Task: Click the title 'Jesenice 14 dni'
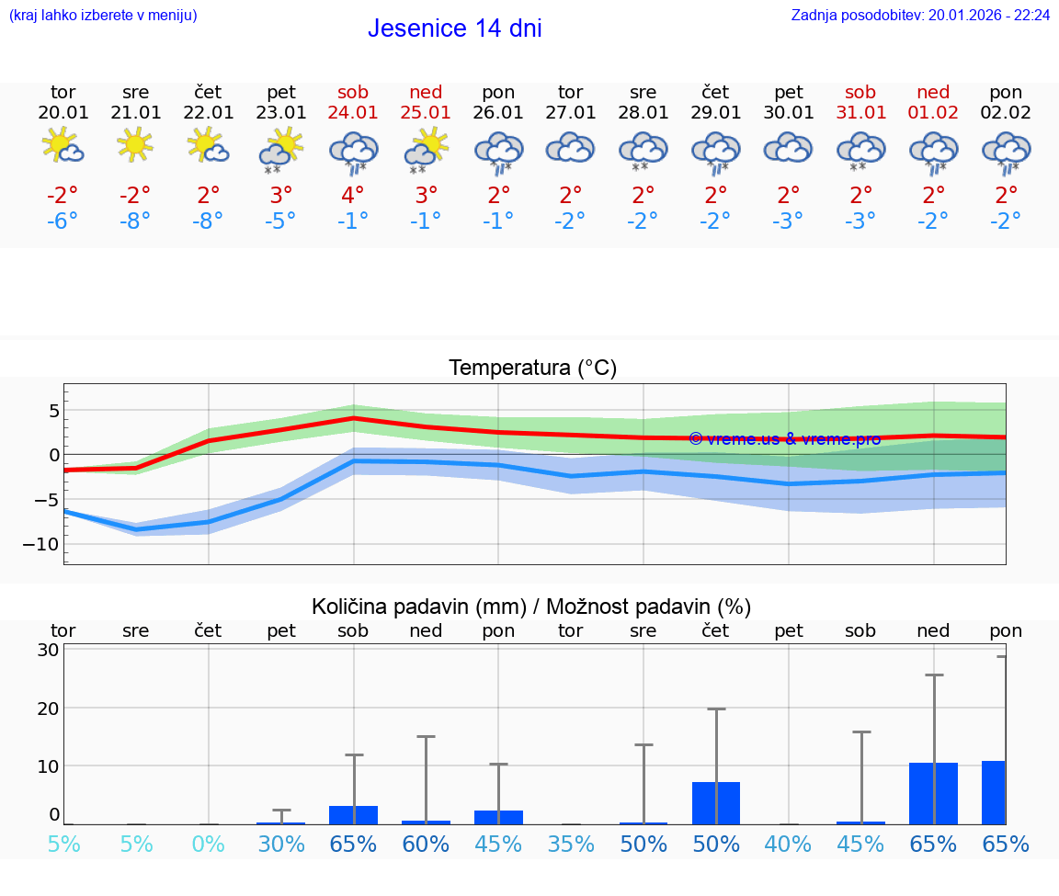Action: point(454,28)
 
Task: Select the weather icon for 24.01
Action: point(353,152)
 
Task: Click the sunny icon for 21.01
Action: point(135,144)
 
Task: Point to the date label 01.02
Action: point(933,113)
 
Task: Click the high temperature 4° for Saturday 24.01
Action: point(353,196)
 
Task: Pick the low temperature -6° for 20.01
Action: point(63,221)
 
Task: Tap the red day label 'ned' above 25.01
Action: point(426,93)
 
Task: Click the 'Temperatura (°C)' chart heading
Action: point(532,369)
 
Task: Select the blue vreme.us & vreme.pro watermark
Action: point(784,439)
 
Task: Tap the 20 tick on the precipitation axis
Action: point(49,709)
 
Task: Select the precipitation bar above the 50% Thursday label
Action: point(716,802)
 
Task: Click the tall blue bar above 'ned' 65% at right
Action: point(933,793)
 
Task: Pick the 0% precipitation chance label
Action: point(209,844)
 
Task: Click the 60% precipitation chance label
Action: point(426,844)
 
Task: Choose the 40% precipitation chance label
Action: point(788,844)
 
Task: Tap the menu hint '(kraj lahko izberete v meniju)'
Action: point(103,15)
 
